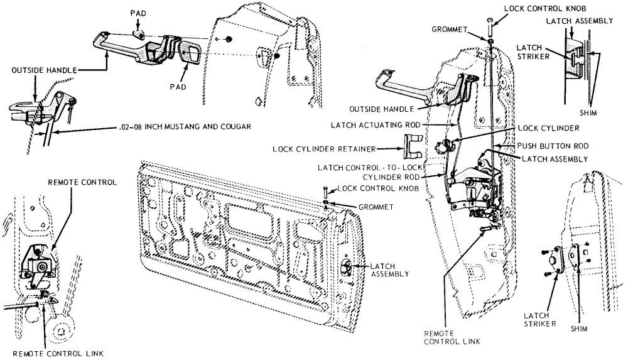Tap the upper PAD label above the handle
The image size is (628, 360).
(x=139, y=13)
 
